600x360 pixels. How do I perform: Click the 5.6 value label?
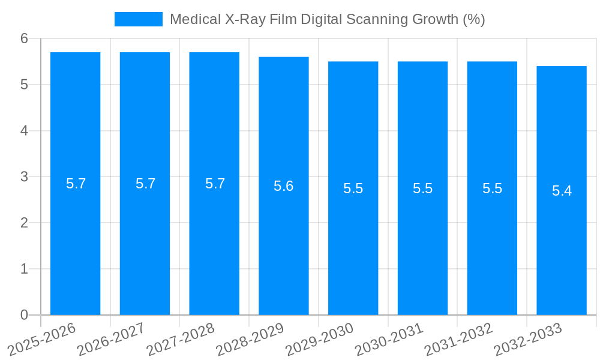(284, 186)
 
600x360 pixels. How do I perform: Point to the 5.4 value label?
(562, 191)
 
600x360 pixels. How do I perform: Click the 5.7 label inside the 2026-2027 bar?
(145, 184)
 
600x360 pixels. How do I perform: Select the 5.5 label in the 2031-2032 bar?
(492, 188)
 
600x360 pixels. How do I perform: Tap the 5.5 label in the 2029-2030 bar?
(353, 188)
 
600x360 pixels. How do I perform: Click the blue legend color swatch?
(138, 19)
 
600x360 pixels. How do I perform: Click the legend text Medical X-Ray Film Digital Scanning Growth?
(327, 19)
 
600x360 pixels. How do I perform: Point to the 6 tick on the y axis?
(24, 38)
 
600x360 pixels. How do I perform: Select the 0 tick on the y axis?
(24, 315)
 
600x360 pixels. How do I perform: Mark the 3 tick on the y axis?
(24, 177)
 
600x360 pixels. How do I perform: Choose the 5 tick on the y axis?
(24, 85)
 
